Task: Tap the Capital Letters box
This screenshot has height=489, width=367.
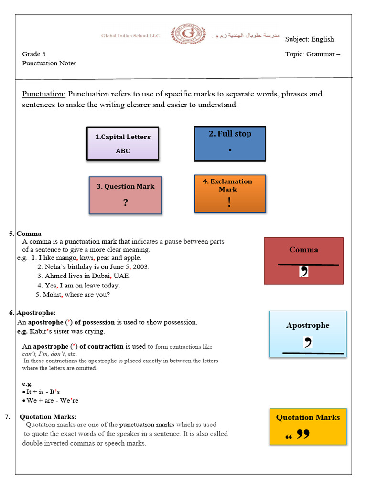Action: (122, 143)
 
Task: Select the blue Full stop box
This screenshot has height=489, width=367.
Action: (230, 144)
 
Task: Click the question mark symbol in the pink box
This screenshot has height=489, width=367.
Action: (125, 203)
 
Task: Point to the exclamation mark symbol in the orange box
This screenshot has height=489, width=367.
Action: (230, 202)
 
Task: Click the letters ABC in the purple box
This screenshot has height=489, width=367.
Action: (122, 151)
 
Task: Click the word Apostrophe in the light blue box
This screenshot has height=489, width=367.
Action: (307, 325)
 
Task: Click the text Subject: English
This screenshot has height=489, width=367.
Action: (309, 39)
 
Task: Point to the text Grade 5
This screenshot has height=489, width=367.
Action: (34, 54)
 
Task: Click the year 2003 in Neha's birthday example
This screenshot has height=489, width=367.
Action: (141, 267)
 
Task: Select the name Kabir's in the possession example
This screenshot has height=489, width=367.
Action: (41, 331)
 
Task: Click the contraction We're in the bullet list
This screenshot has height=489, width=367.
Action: (69, 401)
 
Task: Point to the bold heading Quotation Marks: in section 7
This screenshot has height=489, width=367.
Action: (48, 416)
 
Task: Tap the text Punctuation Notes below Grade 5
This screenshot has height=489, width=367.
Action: (49, 63)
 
